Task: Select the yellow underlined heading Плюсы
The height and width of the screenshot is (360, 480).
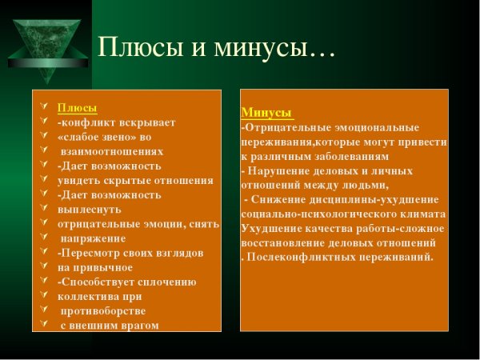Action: [x=78, y=107]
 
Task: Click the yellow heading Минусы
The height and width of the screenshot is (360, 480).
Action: [x=266, y=113]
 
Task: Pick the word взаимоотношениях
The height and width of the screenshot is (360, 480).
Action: [x=112, y=151]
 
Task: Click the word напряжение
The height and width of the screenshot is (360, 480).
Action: [x=93, y=238]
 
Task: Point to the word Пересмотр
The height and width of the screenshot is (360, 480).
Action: [x=92, y=253]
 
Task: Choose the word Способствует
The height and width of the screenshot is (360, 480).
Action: [x=100, y=282]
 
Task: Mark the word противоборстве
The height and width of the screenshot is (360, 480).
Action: [x=103, y=310]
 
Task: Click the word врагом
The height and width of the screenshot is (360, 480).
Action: [x=136, y=325]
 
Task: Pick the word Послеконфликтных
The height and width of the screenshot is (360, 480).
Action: [x=305, y=257]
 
